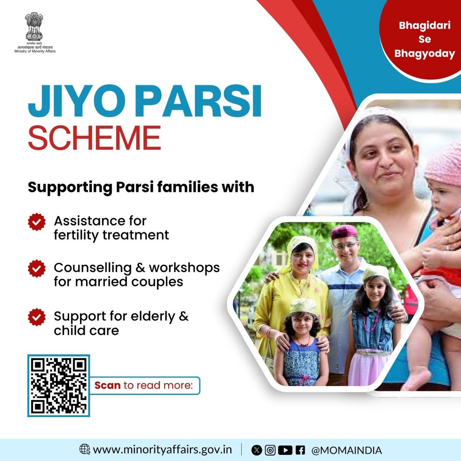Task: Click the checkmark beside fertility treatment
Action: click(x=37, y=222)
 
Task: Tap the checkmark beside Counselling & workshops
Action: click(x=37, y=269)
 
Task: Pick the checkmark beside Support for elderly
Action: click(x=37, y=318)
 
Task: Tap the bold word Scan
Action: click(x=108, y=385)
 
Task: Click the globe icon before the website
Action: click(x=85, y=449)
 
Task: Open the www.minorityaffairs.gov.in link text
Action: click(x=163, y=449)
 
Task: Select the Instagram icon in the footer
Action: click(x=270, y=450)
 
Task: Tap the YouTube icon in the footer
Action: click(x=285, y=450)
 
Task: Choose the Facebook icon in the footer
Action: click(x=300, y=450)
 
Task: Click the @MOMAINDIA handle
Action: click(x=346, y=450)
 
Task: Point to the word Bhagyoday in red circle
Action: click(x=425, y=53)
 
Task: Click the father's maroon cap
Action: click(x=344, y=232)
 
